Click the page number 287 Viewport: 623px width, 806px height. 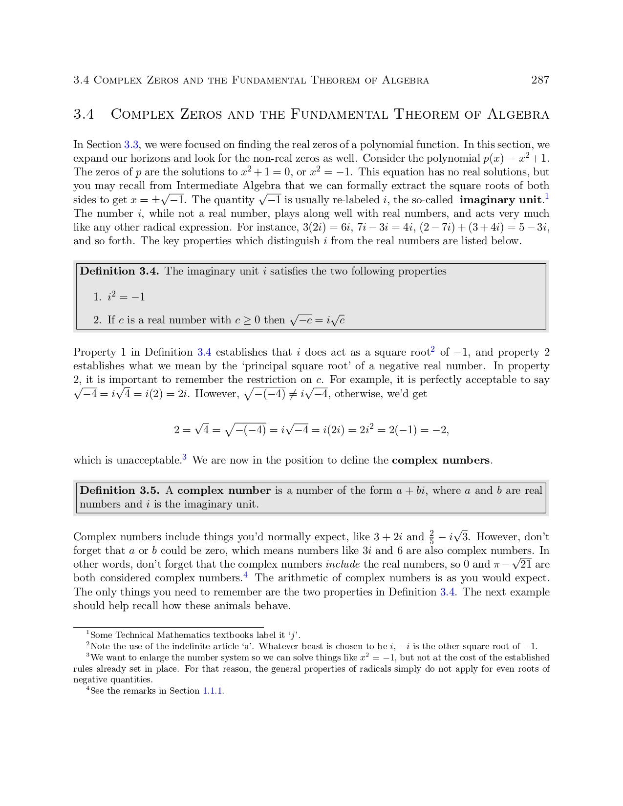[x=540, y=80]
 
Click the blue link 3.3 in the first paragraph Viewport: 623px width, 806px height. [x=131, y=145]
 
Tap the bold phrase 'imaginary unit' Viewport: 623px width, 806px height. [x=501, y=200]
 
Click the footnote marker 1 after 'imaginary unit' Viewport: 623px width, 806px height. [x=547, y=196]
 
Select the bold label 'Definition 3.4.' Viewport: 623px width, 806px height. [x=119, y=272]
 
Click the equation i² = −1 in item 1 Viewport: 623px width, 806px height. [x=126, y=297]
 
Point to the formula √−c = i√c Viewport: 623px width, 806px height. [x=318, y=320]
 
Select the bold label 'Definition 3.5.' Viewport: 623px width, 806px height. [x=119, y=491]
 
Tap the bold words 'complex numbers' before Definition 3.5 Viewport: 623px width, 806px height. [x=440, y=460]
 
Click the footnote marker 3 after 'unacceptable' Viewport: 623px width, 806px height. [x=184, y=457]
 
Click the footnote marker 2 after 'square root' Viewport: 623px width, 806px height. [x=432, y=349]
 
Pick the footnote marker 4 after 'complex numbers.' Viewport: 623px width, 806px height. [x=245, y=575]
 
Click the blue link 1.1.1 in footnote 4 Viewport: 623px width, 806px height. [x=213, y=691]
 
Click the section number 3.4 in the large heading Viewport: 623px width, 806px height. [x=84, y=114]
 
